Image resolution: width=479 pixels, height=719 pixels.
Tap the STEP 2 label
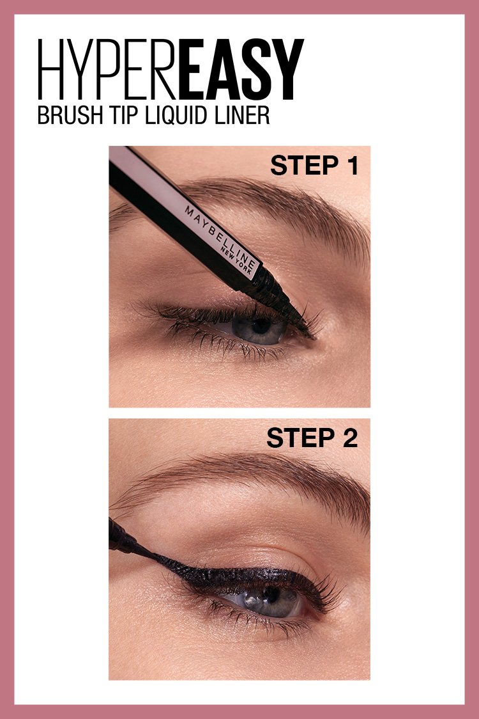point(312,438)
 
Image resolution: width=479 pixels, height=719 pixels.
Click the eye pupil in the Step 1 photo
point(260,326)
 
